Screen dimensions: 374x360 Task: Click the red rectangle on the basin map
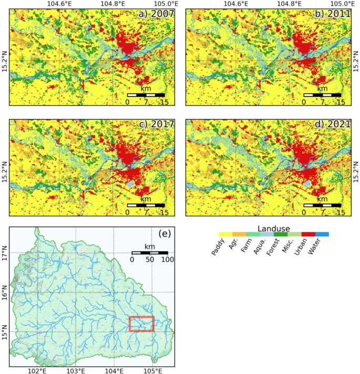tap(141, 324)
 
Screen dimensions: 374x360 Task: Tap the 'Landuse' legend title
tap(274, 224)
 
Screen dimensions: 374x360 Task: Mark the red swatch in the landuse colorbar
tap(308, 234)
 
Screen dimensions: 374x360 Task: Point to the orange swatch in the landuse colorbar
tap(239, 234)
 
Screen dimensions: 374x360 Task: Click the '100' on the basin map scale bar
tap(168, 260)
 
